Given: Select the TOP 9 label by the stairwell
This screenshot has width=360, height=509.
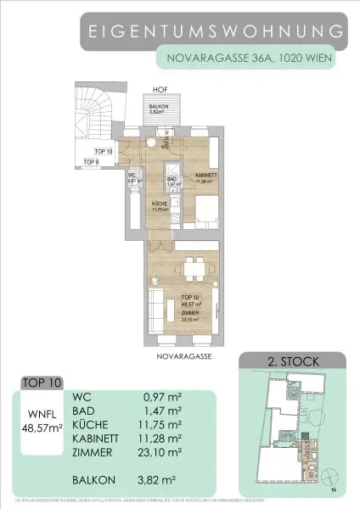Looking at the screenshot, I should [92, 161].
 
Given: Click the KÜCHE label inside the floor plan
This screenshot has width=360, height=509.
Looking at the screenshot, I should [159, 205].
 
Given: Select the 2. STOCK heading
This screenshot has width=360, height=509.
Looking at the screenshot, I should [292, 361].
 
